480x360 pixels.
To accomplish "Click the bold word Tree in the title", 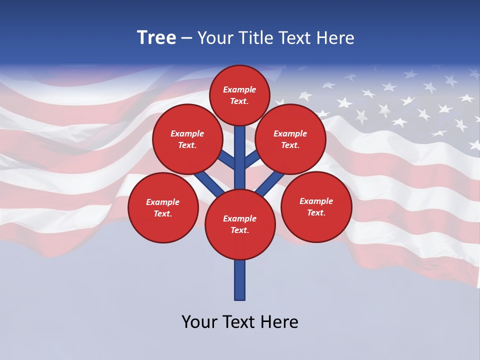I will [x=156, y=38].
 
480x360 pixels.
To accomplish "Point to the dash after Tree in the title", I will [x=187, y=38].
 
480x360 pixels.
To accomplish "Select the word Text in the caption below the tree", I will [x=240, y=322].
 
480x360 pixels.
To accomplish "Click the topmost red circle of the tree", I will [x=239, y=95].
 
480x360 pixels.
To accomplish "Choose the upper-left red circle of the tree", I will [x=187, y=139].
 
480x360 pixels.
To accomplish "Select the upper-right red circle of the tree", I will [x=290, y=139].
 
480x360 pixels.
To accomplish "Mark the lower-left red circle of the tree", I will [x=163, y=207].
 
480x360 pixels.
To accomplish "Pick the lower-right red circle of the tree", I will [x=316, y=206].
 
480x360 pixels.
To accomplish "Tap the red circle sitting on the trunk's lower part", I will [x=240, y=224].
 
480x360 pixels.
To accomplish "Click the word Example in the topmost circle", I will [x=239, y=89].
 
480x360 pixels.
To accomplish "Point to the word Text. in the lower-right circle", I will [x=316, y=212].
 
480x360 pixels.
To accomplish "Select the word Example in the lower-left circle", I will [x=162, y=202].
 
